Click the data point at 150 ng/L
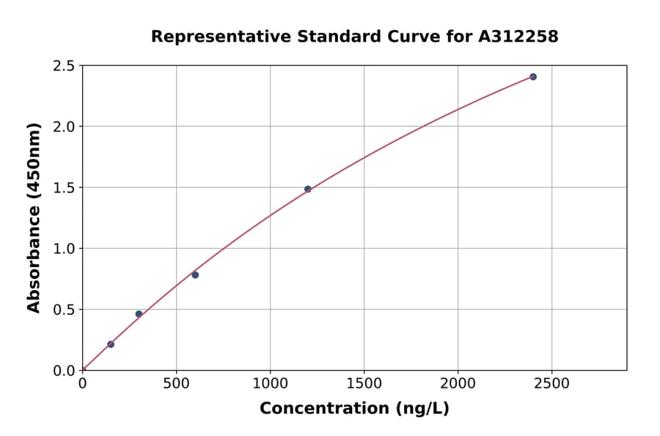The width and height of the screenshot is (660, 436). click(111, 344)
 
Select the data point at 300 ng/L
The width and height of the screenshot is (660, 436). click(139, 314)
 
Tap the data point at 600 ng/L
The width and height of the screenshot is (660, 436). click(195, 275)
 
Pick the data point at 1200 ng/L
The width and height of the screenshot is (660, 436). click(308, 189)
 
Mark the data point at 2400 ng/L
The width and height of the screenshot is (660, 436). click(533, 76)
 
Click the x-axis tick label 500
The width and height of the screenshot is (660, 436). click(176, 384)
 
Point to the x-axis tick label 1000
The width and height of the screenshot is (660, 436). click(270, 384)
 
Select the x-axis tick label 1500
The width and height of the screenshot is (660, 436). click(364, 384)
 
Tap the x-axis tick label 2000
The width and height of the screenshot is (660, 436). click(458, 384)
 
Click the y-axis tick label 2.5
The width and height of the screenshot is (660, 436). click(65, 66)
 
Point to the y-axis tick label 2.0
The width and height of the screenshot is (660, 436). click(65, 127)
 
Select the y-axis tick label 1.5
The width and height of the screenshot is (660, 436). click(65, 188)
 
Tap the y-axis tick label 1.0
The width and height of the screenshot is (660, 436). click(65, 249)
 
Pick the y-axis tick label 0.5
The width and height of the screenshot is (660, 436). click(65, 310)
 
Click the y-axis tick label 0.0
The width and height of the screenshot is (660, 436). click(65, 371)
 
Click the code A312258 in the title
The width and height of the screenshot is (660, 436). click(518, 36)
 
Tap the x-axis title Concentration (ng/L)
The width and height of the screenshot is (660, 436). click(354, 409)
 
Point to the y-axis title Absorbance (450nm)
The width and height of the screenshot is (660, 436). click(34, 218)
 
